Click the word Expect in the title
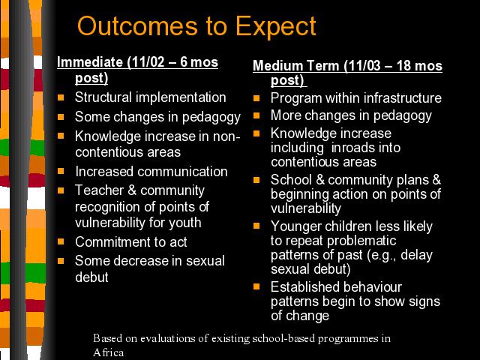[275, 27]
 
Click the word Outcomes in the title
[137, 26]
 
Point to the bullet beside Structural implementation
[61, 97]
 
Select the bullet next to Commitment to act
[61, 241]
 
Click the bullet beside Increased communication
[61, 171]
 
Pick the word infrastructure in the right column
[403, 98]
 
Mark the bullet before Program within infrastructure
[256, 98]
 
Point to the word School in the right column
[291, 180]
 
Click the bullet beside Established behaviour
[256, 286]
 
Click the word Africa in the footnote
[108, 352]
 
